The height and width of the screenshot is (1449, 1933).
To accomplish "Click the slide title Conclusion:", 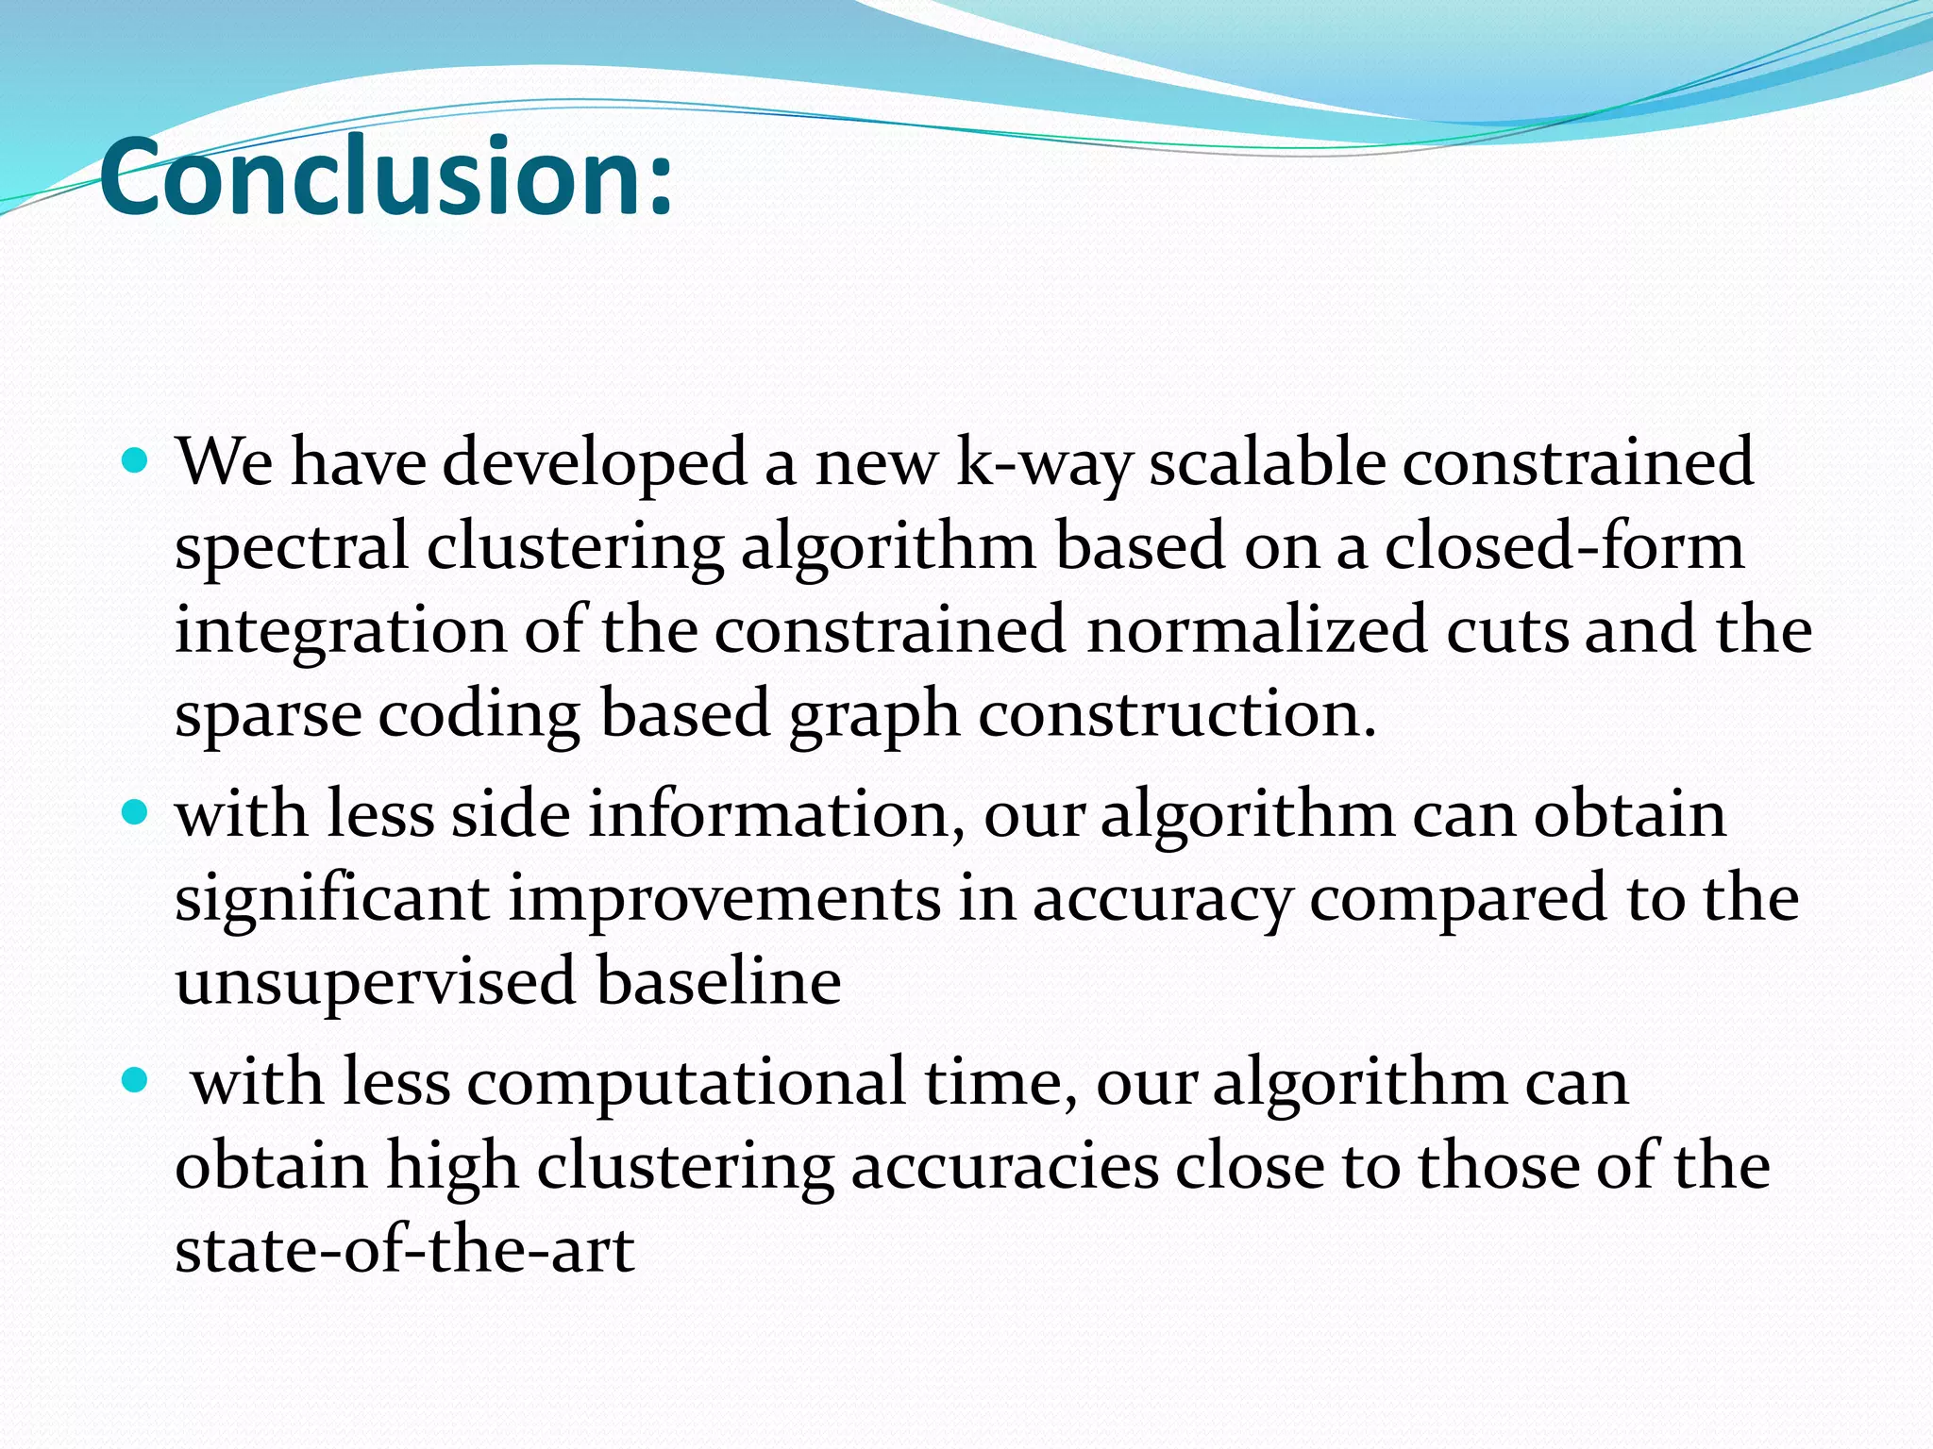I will (x=386, y=176).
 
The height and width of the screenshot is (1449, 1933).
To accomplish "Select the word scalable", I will (x=1267, y=462).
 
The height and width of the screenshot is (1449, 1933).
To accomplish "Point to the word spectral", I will (x=292, y=547).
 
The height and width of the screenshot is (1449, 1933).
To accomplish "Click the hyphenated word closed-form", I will (x=1564, y=545).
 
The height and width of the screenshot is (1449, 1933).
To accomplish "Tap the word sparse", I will (x=268, y=715).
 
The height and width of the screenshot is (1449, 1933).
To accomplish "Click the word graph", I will (x=873, y=715).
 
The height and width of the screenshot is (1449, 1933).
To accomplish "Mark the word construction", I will (x=1177, y=713).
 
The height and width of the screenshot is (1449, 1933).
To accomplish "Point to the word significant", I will (x=332, y=898).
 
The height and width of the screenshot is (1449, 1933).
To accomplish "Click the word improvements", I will (x=725, y=898).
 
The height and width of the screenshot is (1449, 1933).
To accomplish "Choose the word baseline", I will (x=718, y=980).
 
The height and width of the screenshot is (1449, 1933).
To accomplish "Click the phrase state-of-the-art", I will (x=405, y=1249).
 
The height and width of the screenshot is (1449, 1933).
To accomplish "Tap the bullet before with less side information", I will (x=136, y=812).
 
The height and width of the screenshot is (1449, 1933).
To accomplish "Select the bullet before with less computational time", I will (x=136, y=1080).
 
